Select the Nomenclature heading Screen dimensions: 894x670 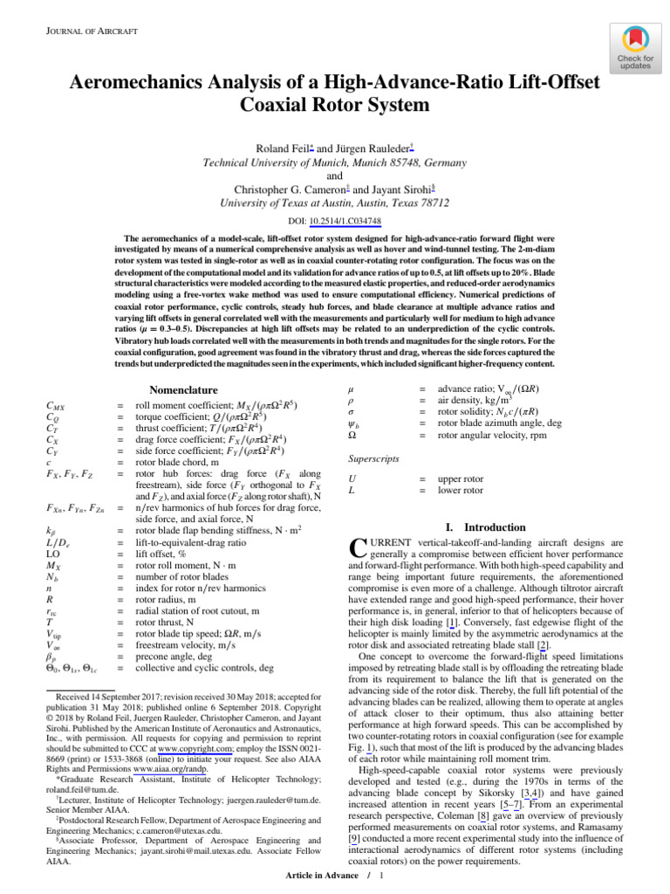pyautogui.click(x=182, y=389)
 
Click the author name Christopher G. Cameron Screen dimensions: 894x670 pyautogui.click(x=280, y=189)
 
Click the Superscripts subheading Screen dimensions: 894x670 pyautogui.click(x=373, y=457)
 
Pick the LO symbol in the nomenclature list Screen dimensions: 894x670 pyautogui.click(x=52, y=554)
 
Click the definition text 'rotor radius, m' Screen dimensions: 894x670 pyautogui.click(x=167, y=601)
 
